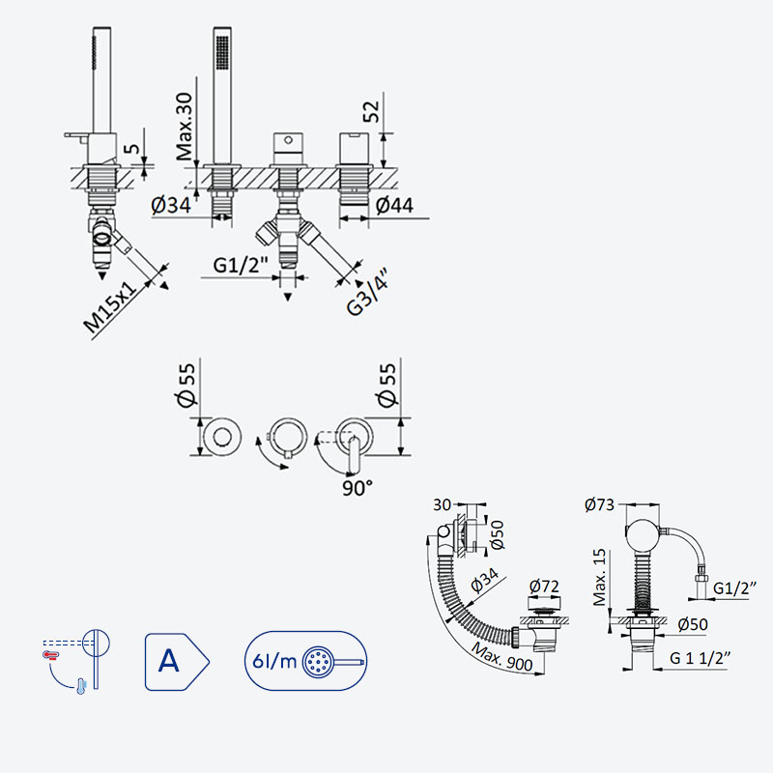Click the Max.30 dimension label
point(185,127)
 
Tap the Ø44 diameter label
point(394,205)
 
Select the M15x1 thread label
point(110,307)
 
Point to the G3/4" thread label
point(367,292)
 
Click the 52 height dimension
point(371,111)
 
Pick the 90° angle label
point(358,488)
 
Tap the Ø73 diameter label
point(599,504)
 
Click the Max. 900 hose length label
point(502,657)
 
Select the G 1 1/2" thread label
point(700,658)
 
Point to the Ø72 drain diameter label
point(544,587)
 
